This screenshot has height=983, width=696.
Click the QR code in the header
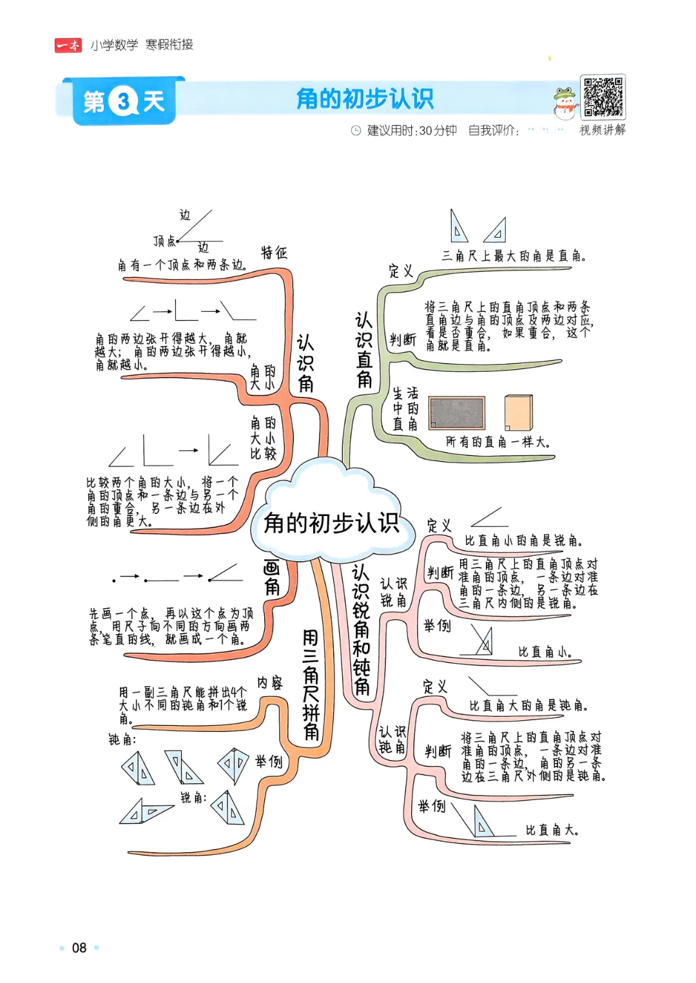(603, 97)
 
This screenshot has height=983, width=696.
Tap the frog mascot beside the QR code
(565, 104)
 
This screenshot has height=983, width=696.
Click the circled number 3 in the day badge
(124, 101)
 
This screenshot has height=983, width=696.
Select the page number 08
(79, 948)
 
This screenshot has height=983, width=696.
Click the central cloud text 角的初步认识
(331, 523)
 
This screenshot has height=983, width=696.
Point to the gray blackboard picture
(456, 412)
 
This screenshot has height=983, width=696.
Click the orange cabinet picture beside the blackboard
(519, 412)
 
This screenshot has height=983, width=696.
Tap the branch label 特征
(274, 253)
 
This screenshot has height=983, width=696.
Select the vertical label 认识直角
(364, 350)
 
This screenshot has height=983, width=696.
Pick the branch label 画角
(272, 577)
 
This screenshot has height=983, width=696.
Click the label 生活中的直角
(405, 408)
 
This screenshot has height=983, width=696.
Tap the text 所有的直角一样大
(498, 442)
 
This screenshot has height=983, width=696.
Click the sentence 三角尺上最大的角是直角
(514, 256)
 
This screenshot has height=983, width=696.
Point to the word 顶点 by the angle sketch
(164, 241)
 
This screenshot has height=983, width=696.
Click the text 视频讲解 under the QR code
(603, 130)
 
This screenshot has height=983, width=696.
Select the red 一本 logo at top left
(68, 45)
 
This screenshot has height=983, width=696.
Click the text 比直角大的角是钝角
(528, 705)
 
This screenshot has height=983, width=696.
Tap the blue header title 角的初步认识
(365, 99)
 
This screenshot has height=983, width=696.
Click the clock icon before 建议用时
(356, 131)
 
